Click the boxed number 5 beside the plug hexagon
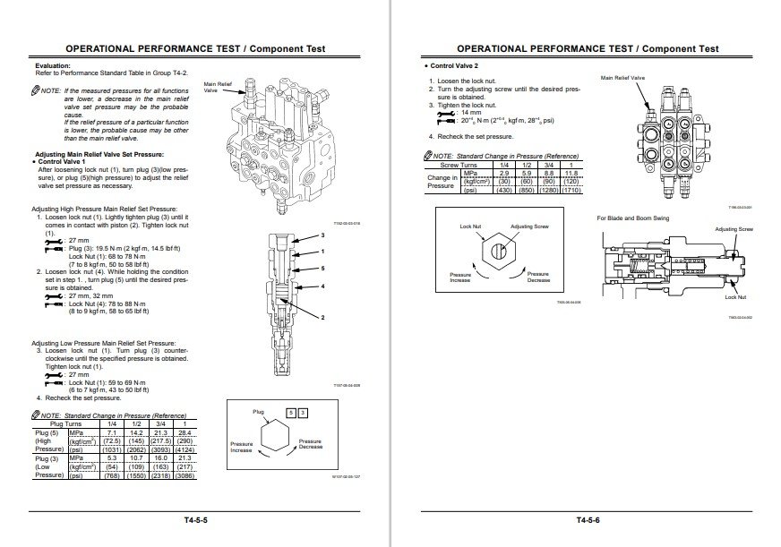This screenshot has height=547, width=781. pyautogui.click(x=290, y=411)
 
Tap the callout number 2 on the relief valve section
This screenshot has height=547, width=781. pyautogui.click(x=322, y=318)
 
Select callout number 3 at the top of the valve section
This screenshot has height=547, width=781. pyautogui.click(x=322, y=235)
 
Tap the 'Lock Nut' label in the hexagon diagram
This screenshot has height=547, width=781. pyautogui.click(x=470, y=226)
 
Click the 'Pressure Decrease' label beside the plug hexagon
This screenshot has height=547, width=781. pyautogui.click(x=310, y=445)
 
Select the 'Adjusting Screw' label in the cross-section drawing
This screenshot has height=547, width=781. pyautogui.click(x=734, y=229)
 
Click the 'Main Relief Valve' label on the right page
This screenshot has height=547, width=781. pyautogui.click(x=622, y=78)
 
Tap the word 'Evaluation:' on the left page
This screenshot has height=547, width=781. pyautogui.click(x=53, y=66)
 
